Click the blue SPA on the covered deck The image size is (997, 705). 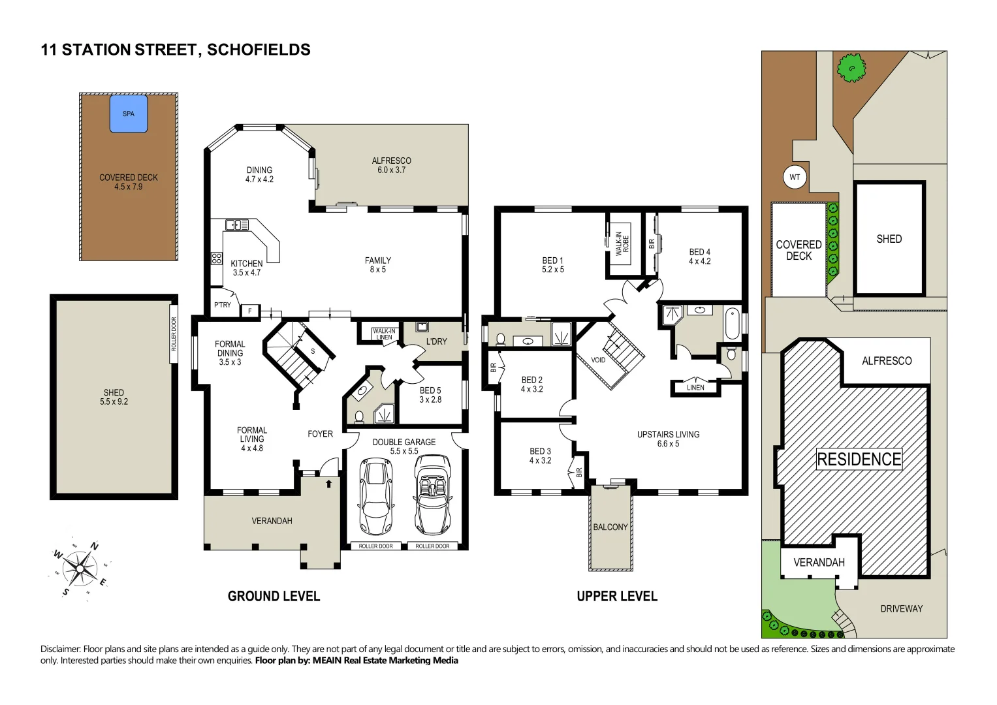[129, 114]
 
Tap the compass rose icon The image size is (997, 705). [80, 569]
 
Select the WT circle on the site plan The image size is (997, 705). [795, 177]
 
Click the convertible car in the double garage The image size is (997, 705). [432, 494]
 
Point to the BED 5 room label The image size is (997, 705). [430, 395]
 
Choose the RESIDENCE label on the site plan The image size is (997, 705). [859, 460]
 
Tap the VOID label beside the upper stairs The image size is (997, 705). [598, 360]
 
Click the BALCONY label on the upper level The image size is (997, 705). [610, 527]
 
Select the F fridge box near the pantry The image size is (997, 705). [250, 311]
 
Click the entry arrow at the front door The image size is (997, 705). [328, 484]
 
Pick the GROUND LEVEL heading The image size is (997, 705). [274, 596]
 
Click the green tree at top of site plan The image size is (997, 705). [851, 67]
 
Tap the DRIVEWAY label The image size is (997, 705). [901, 608]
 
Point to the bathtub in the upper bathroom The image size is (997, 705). [733, 323]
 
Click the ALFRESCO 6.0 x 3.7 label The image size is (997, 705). [391, 165]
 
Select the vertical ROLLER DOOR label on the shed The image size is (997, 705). [174, 334]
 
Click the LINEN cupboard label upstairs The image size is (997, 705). [695, 388]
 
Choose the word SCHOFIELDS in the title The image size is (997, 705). [259, 50]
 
